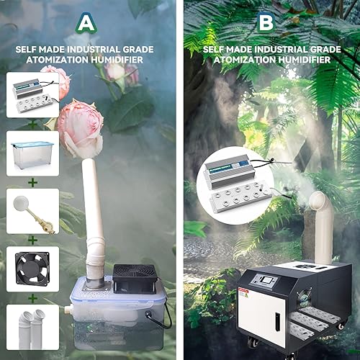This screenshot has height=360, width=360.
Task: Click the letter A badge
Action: point(87,23)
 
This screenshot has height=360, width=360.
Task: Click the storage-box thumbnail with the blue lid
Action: point(32,153)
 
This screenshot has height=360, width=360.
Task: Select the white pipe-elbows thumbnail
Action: point(32,328)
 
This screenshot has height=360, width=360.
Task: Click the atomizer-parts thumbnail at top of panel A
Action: point(32,96)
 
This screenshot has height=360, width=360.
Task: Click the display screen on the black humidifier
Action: point(268,279)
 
